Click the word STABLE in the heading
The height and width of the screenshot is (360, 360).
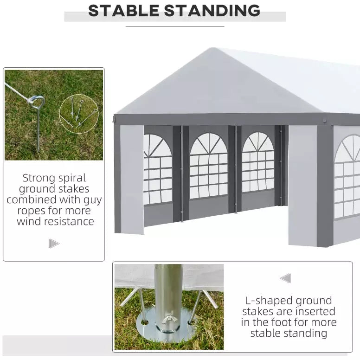[x=123, y=11]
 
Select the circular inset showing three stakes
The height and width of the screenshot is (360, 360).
[x=79, y=114]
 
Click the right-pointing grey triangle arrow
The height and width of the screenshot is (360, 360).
[x=54, y=244]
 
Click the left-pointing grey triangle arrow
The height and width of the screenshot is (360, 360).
[x=285, y=278]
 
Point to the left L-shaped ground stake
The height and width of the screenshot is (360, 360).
[x=135, y=303]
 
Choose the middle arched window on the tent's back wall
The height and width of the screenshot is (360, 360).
[x=208, y=166]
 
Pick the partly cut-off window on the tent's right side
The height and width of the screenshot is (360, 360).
[x=347, y=176]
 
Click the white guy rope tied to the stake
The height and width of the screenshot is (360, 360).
[x=17, y=91]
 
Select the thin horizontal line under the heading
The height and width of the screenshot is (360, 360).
[x=175, y=26]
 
